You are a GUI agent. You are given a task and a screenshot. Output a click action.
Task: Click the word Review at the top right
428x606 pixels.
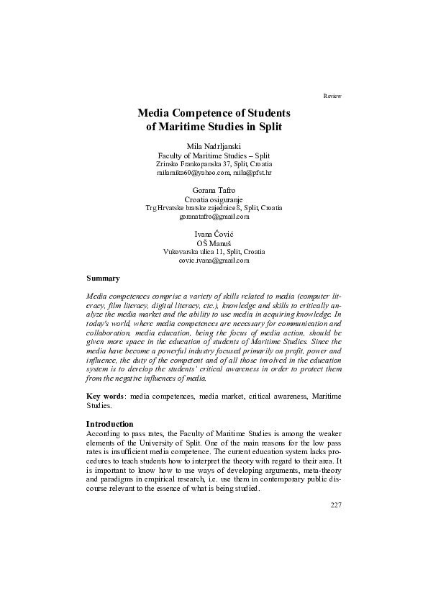pyautogui.click(x=332, y=96)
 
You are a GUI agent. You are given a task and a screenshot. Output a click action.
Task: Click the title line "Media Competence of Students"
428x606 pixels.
pyautogui.click(x=214, y=113)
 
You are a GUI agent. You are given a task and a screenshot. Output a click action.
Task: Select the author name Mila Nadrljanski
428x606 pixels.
pyautogui.click(x=214, y=146)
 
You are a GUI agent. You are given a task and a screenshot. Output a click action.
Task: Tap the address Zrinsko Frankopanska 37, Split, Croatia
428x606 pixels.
pyautogui.click(x=214, y=164)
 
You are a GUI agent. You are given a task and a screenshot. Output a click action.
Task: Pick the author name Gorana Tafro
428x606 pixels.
pyautogui.click(x=214, y=191)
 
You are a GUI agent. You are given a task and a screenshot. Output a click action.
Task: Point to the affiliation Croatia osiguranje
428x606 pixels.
pyautogui.click(x=214, y=199)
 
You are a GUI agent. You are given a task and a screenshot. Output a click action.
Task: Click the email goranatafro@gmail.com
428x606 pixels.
pyautogui.click(x=214, y=217)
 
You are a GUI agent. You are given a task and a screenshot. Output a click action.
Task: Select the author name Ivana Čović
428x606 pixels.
pyautogui.click(x=214, y=235)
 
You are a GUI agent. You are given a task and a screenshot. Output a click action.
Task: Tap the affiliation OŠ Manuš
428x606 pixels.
pyautogui.click(x=214, y=243)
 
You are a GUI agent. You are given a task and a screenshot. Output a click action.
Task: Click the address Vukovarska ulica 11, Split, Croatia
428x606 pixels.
pyautogui.click(x=214, y=252)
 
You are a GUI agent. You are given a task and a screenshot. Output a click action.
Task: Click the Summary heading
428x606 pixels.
pyautogui.click(x=103, y=278)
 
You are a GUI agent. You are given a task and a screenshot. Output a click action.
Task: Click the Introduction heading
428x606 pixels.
pyautogui.click(x=111, y=425)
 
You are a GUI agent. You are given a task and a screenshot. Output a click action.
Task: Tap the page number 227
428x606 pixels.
pyautogui.click(x=335, y=504)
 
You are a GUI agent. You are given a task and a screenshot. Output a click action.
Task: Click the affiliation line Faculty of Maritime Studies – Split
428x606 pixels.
pyautogui.click(x=214, y=155)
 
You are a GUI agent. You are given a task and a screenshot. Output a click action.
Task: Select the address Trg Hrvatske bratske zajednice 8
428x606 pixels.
pyautogui.click(x=192, y=208)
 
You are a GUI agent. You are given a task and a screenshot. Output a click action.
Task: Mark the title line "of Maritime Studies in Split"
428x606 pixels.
pyautogui.click(x=214, y=127)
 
